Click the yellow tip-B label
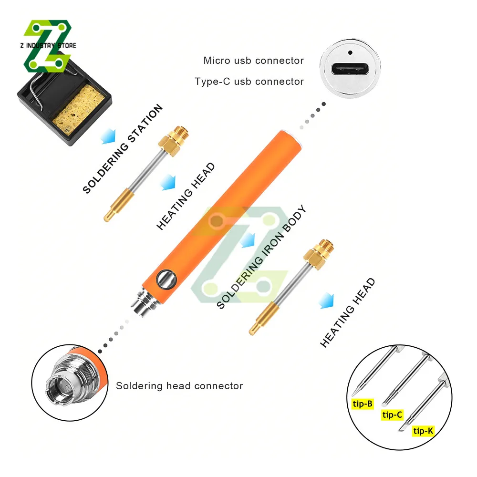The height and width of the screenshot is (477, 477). coord(363,404)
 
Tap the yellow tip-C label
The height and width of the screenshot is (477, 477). coord(393,415)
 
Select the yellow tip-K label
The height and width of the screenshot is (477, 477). coord(424,431)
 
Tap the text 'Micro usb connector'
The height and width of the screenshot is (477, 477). coord(253,61)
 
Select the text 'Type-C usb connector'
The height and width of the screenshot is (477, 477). coord(249,82)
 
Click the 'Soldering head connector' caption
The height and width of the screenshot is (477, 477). coord(179,386)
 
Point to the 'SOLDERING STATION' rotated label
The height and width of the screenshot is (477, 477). coord(123,149)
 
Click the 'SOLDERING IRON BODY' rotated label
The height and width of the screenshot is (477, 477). coord(261,258)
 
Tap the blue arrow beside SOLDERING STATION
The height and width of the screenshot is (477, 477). coord(108,138)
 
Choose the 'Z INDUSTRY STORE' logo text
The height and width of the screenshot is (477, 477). coord(48,46)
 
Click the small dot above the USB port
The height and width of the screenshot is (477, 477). coord(350,52)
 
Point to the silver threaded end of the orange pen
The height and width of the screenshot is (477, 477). coord(142,302)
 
